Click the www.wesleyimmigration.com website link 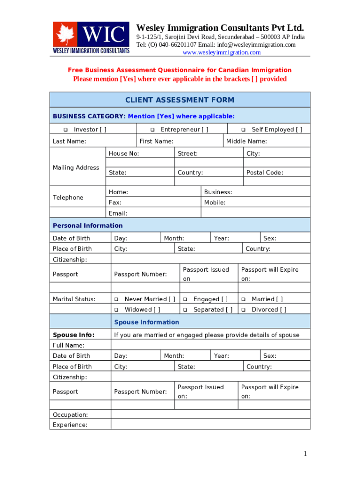pyautogui.click(x=222, y=52)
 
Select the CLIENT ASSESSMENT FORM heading pyautogui.click(x=180, y=100)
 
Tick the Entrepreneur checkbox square pyautogui.click(x=152, y=130)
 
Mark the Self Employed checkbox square pyautogui.click(x=243, y=130)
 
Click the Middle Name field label pyautogui.click(x=246, y=141)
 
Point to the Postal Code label pyautogui.click(x=265, y=173)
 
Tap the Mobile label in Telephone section pyautogui.click(x=215, y=203)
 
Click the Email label pyautogui.click(x=118, y=213)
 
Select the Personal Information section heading pyautogui.click(x=88, y=225)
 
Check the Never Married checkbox pyautogui.click(x=116, y=299)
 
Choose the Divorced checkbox pyautogui.click(x=243, y=310)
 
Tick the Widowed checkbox pyautogui.click(x=116, y=310)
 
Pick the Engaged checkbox pyautogui.click(x=185, y=299)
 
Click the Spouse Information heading pyautogui.click(x=147, y=322)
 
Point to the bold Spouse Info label pyautogui.click(x=73, y=335)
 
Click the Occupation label pyautogui.click(x=70, y=415)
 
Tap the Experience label pyautogui.click(x=70, y=425)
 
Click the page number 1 pyautogui.click(x=305, y=454)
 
